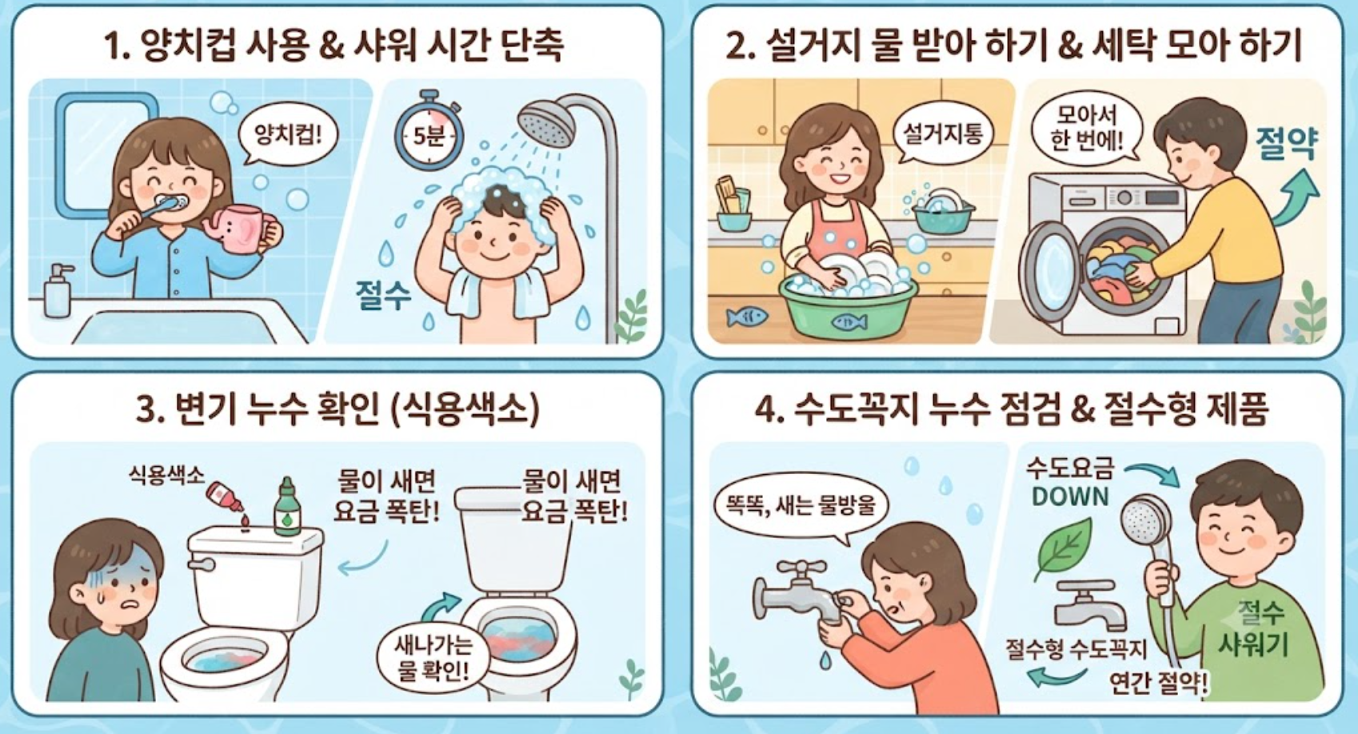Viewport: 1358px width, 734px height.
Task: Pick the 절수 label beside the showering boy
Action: (383, 296)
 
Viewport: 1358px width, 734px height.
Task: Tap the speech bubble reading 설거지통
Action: (942, 134)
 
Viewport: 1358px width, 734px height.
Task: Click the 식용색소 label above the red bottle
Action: (166, 475)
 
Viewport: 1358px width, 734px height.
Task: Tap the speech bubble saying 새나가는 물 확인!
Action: (433, 657)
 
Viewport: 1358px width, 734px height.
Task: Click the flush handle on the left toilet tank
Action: (202, 565)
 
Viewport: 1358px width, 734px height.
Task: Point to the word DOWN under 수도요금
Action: (1070, 497)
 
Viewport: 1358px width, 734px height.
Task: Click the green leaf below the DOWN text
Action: (1063, 548)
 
